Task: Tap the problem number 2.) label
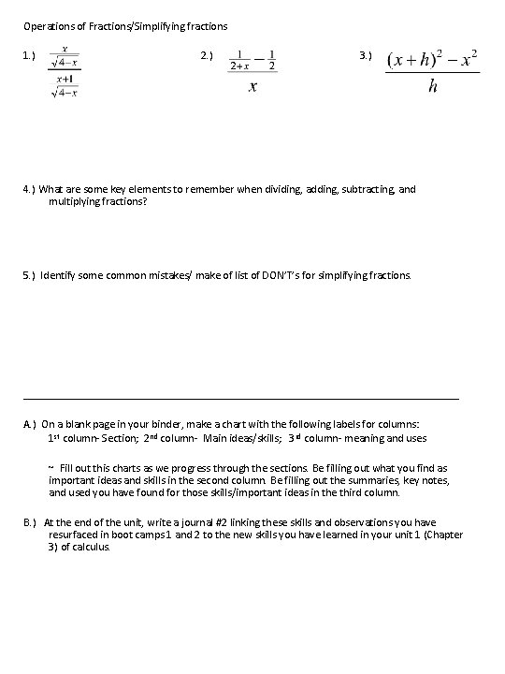[208, 57]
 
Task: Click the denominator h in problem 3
[431, 87]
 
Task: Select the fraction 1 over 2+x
[241, 60]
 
